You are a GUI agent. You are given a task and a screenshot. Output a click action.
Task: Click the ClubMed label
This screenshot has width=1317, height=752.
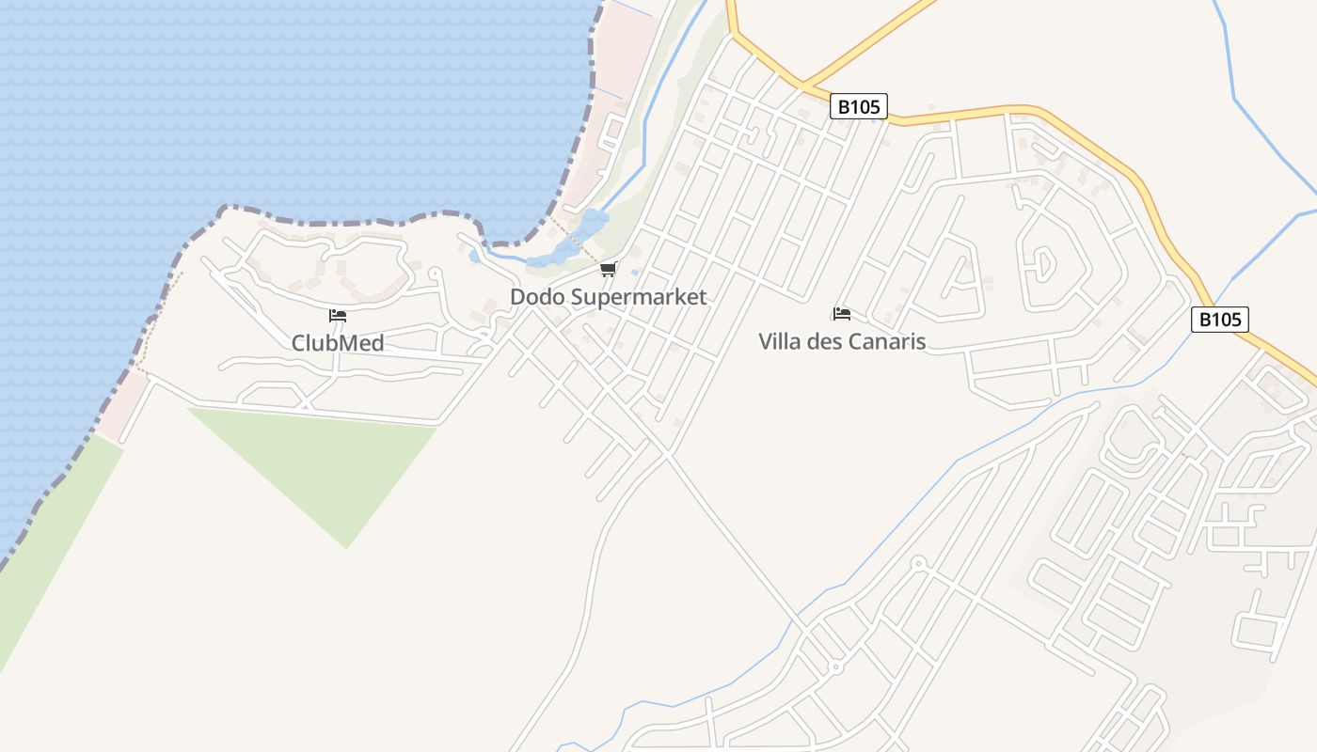pyautogui.click(x=338, y=343)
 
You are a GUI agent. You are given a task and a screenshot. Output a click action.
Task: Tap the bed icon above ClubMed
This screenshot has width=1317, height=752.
pyautogui.click(x=338, y=316)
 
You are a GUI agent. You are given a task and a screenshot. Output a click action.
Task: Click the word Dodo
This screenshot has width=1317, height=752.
pyautogui.click(x=539, y=297)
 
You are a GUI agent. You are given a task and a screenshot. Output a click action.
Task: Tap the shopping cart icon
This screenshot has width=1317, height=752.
pyautogui.click(x=609, y=271)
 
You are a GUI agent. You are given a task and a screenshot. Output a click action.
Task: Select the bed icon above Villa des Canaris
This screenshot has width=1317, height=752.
pyautogui.click(x=842, y=314)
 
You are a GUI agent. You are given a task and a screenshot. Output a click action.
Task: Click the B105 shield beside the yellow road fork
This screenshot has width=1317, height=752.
pyautogui.click(x=859, y=106)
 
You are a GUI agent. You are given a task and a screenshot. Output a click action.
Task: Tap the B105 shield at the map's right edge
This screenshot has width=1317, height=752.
pyautogui.click(x=1220, y=320)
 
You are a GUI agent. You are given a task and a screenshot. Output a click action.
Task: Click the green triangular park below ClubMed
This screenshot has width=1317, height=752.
pyautogui.click(x=329, y=461)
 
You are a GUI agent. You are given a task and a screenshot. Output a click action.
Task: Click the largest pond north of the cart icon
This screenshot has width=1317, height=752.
pyautogui.click(x=591, y=226)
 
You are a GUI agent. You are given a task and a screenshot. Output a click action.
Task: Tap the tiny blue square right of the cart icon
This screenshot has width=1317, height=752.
pyautogui.click(x=636, y=274)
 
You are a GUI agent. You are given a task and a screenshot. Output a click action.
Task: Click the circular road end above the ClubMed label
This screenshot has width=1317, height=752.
pyautogui.click(x=434, y=274)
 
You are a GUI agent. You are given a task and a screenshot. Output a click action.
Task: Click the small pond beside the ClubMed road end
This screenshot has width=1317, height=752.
pyautogui.click(x=474, y=256)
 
